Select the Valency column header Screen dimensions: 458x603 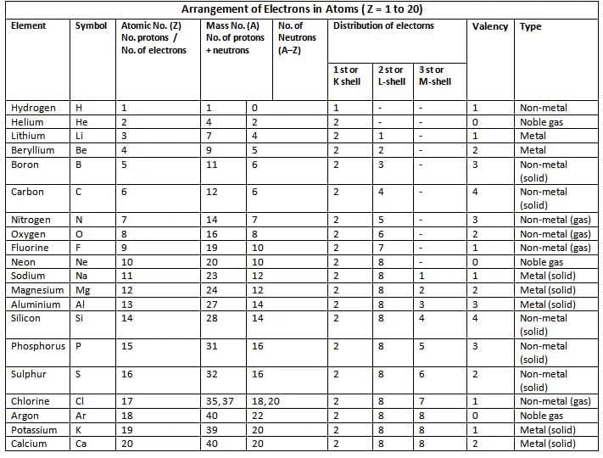(x=490, y=26)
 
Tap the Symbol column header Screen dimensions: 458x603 (x=91, y=26)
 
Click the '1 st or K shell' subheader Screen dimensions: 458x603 (x=347, y=75)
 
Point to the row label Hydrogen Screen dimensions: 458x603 (x=33, y=109)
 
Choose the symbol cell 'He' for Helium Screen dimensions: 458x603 (x=81, y=122)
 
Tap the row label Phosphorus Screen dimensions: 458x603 (x=39, y=346)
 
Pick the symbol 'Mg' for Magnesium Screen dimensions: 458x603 (x=83, y=290)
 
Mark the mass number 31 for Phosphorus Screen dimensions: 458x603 (x=212, y=346)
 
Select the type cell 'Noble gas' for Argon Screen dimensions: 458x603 (x=543, y=416)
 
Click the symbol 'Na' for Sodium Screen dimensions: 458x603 (x=82, y=276)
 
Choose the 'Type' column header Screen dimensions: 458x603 (x=530, y=26)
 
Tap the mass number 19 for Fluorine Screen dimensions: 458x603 (x=212, y=249)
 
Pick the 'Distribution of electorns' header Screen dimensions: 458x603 (x=383, y=26)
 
